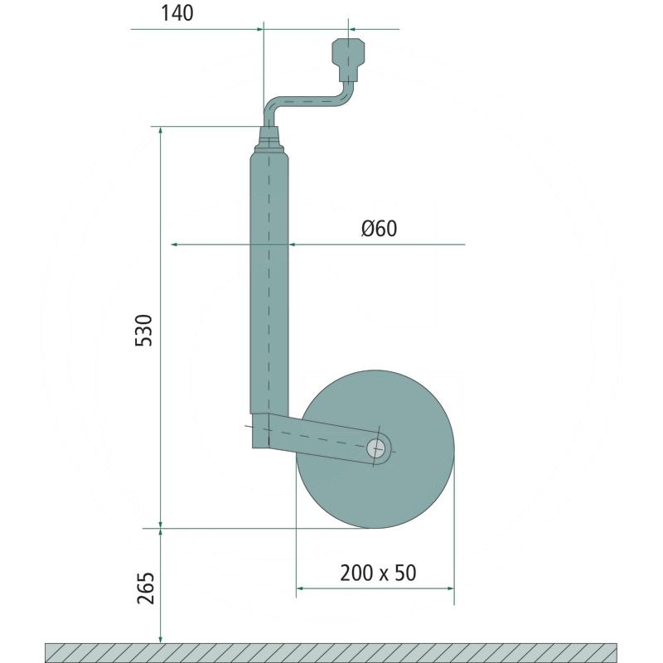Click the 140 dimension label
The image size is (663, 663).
178,14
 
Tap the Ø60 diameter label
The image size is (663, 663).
379,229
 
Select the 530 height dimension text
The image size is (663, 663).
143,331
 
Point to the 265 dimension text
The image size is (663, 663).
143,588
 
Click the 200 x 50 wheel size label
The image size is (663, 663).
377,573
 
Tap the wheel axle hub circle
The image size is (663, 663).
377,448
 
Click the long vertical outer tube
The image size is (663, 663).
269,273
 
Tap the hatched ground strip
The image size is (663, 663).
331,652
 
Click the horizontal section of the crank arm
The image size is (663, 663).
311,101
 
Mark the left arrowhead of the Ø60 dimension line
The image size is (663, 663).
175,245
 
